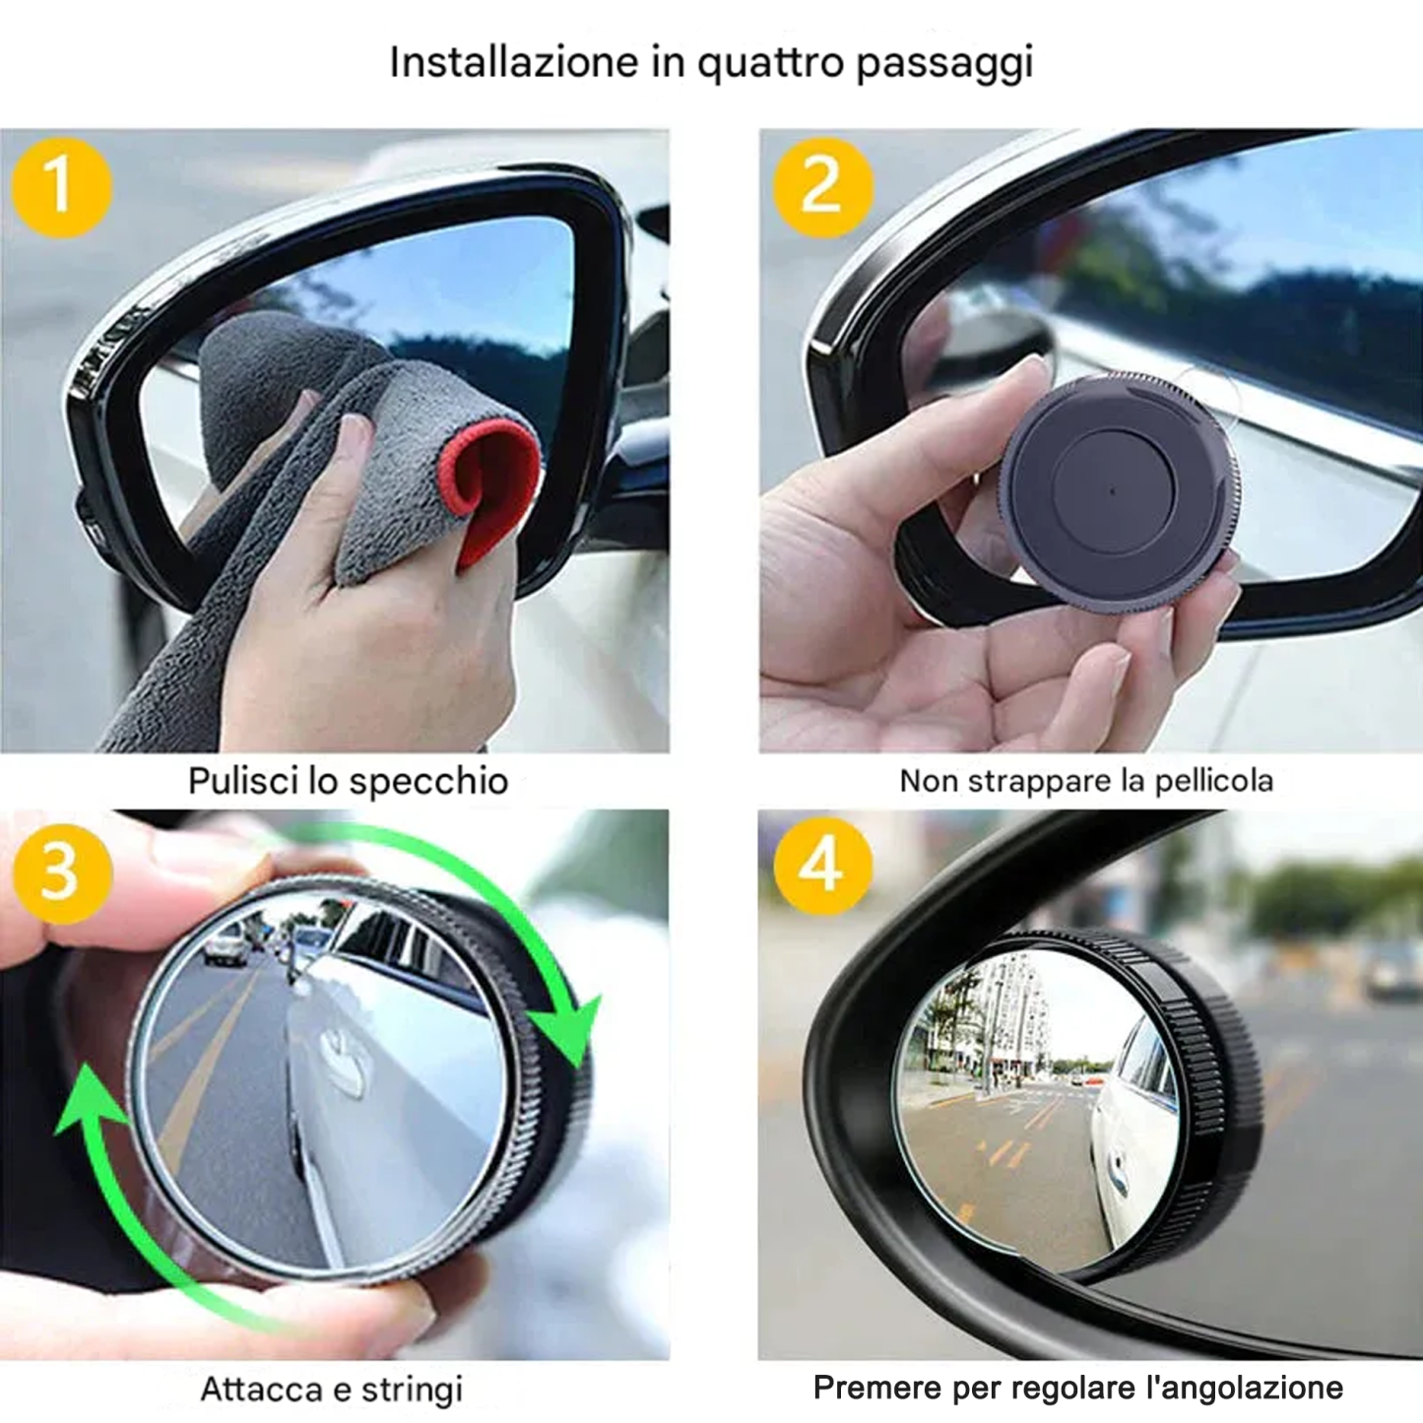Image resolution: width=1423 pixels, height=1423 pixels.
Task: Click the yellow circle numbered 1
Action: (61, 187)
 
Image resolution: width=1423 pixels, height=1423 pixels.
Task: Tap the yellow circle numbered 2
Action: (822, 187)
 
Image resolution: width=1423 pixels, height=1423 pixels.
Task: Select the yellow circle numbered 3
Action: (62, 873)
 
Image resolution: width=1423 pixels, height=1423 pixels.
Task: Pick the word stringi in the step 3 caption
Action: (412, 1390)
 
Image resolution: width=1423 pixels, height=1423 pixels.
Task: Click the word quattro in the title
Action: (770, 63)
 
